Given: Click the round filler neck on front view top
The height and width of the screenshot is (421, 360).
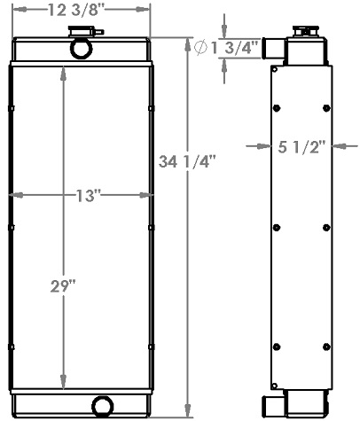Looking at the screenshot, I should point(80,49).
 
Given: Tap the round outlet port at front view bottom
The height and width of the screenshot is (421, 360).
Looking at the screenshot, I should point(103,406).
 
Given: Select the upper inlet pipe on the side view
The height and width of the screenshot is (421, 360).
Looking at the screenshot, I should point(277,49).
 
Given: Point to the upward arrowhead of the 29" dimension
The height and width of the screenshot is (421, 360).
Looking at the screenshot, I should point(61,72).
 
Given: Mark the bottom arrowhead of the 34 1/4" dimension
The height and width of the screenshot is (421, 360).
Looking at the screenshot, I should point(186,399).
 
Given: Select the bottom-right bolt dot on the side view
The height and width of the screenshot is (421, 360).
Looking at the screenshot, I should point(326,346).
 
